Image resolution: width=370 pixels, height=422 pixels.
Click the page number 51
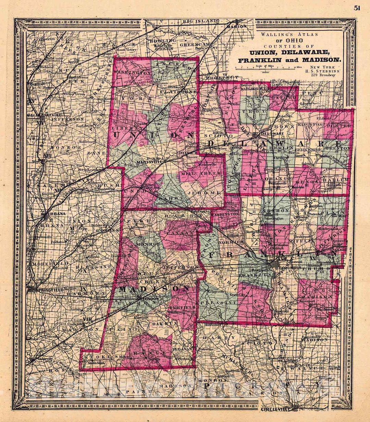357,9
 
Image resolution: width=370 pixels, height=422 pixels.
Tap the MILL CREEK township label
196,174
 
